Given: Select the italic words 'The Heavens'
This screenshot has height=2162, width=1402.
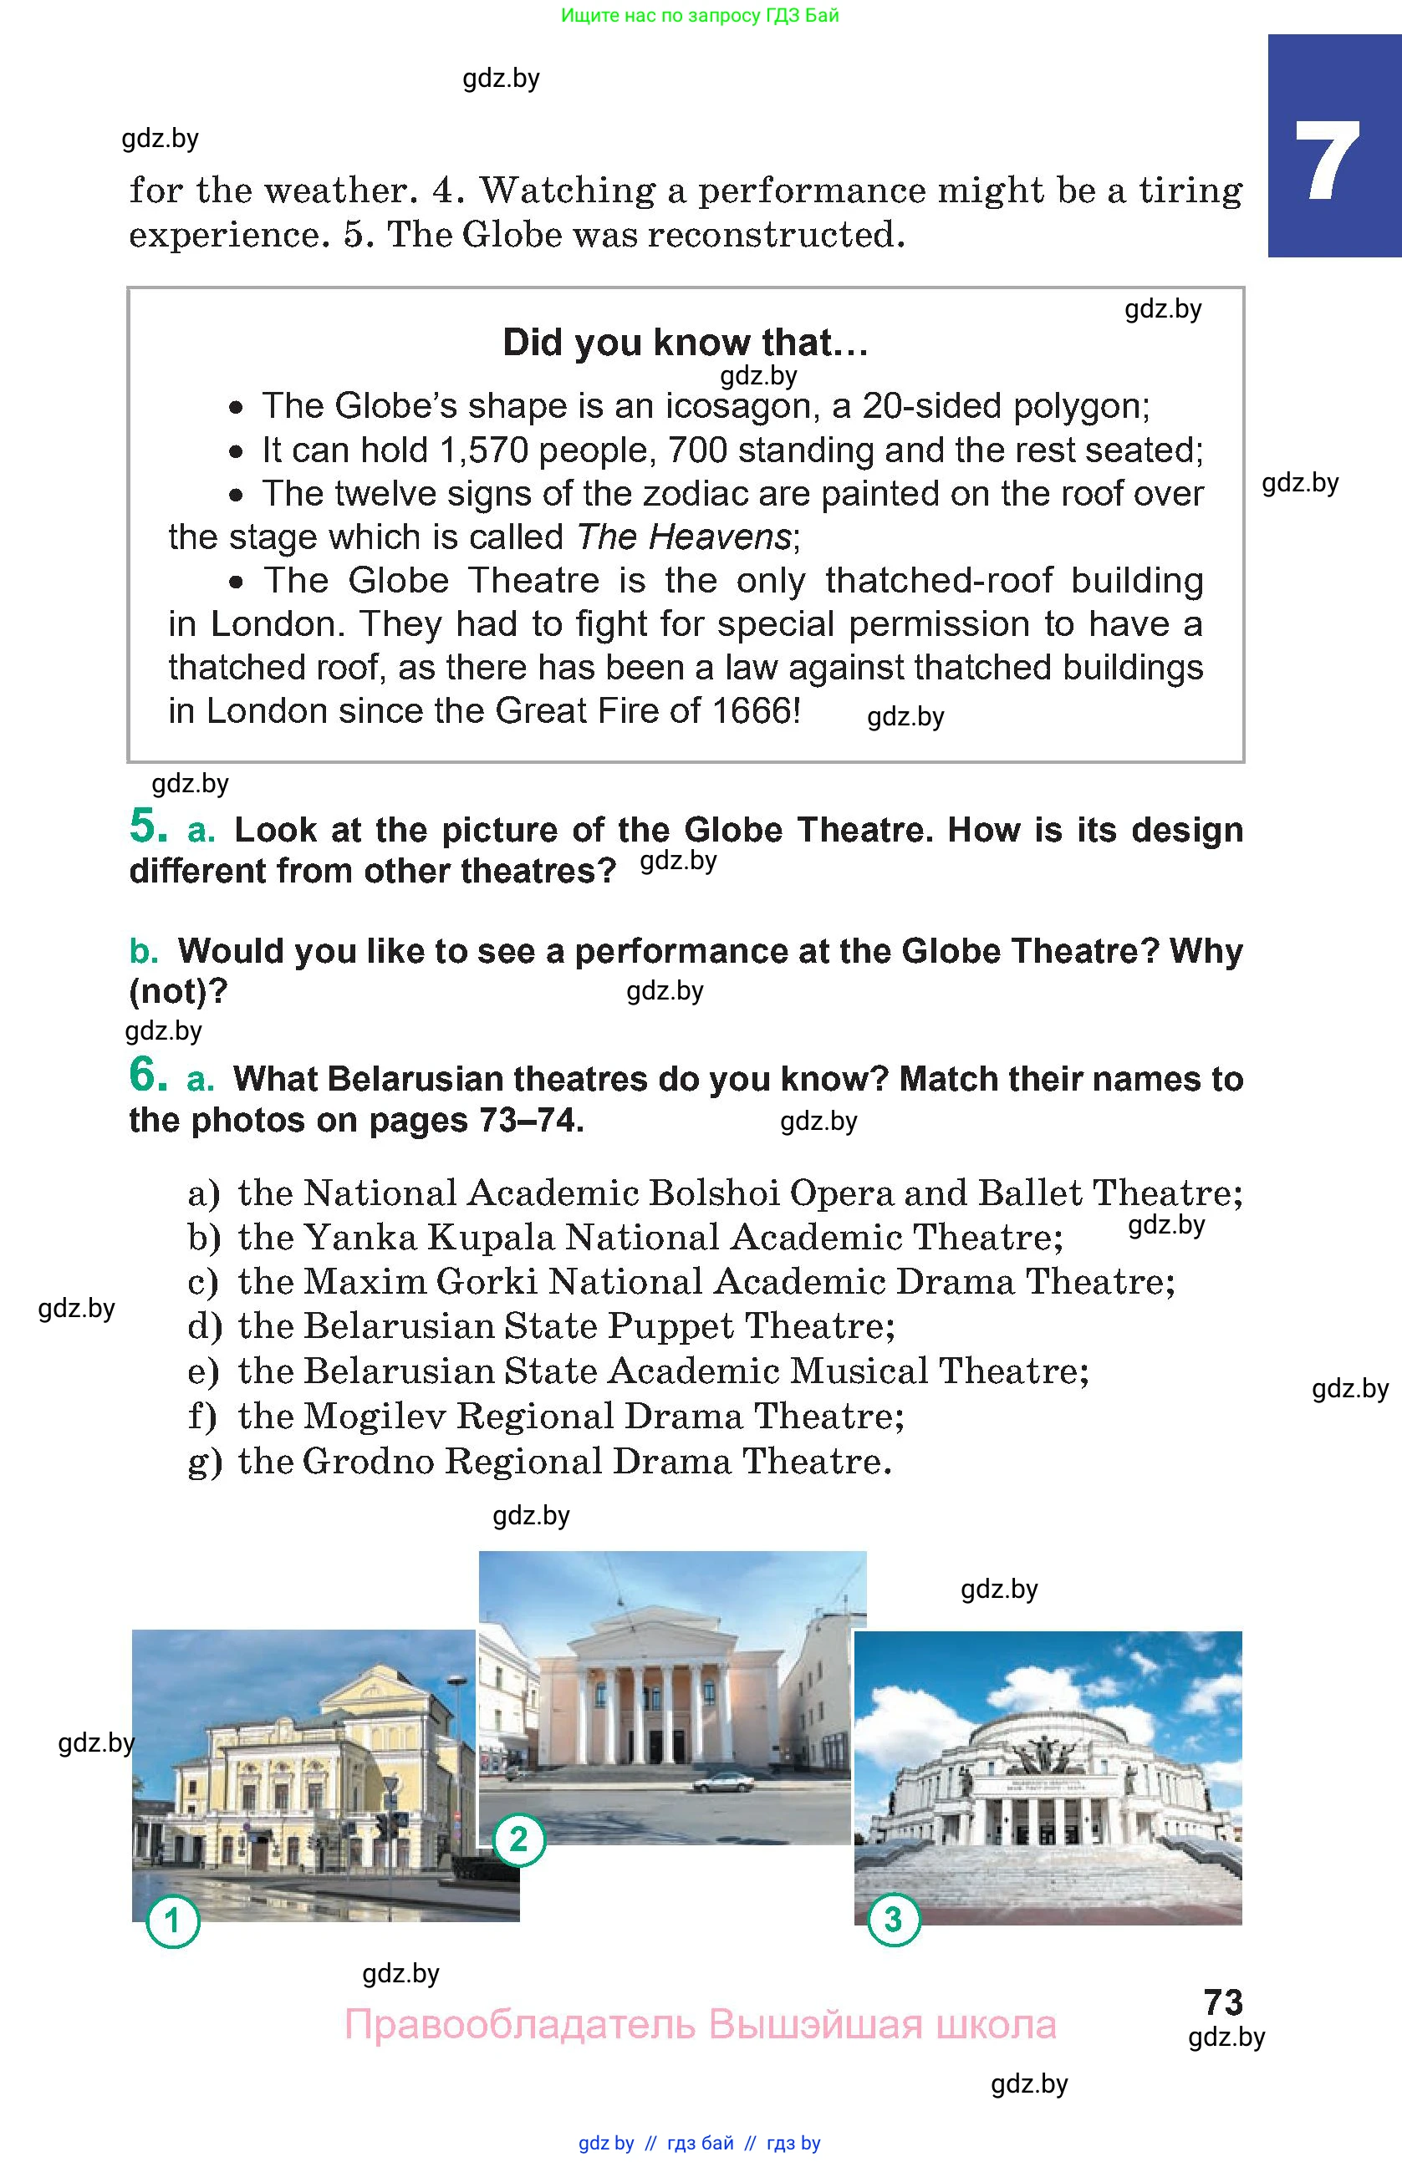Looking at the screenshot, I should [684, 537].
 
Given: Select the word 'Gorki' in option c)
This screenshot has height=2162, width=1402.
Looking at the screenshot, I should [487, 1282].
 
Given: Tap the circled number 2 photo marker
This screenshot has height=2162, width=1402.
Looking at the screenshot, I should [519, 1839].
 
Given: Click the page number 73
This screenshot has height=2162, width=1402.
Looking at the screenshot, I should [1223, 2002].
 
